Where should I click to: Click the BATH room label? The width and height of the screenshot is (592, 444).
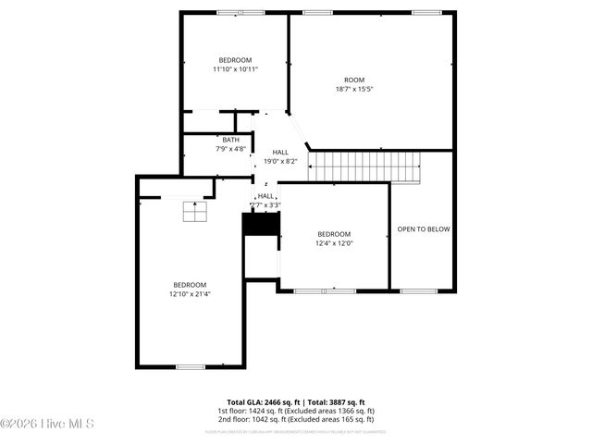point(230,140)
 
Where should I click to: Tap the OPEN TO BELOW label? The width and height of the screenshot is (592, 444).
point(423,228)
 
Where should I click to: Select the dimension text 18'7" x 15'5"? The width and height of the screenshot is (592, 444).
point(355,90)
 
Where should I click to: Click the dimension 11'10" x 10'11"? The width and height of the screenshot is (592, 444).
point(235,68)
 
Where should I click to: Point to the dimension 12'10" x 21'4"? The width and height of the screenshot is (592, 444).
point(190,294)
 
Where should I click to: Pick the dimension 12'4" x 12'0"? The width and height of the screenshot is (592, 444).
point(334,243)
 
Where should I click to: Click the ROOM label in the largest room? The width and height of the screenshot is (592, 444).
point(355,80)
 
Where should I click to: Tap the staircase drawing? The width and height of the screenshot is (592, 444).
point(364,167)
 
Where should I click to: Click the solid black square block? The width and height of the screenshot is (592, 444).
point(260,225)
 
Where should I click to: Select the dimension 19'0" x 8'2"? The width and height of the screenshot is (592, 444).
point(279,162)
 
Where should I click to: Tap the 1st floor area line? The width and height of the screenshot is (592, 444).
point(296,411)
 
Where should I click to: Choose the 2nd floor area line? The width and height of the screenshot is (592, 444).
point(296,419)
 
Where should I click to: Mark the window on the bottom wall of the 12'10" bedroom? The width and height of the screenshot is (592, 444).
point(191,367)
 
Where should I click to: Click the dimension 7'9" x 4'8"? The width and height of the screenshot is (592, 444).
point(230,149)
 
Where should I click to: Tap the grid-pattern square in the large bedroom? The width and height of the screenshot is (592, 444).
point(194,212)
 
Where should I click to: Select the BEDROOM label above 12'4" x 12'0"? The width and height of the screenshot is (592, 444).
point(334,234)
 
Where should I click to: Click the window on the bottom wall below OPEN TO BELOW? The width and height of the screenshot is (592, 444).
point(418,291)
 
